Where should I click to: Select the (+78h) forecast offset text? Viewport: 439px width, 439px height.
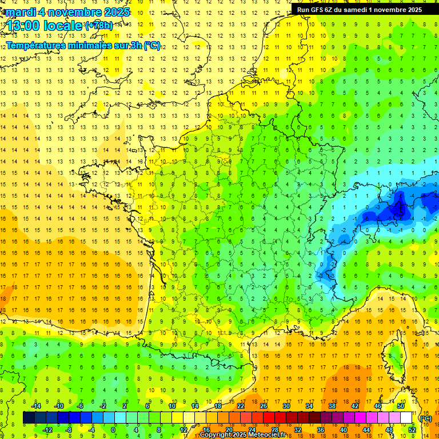(99, 25)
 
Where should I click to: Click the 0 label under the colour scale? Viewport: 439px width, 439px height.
(113, 429)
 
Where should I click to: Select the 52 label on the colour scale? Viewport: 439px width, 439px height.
(412, 429)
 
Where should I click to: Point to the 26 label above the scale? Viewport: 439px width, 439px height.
(264, 406)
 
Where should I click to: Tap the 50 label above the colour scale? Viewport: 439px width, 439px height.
(401, 406)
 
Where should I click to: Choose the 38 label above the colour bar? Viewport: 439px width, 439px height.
(332, 406)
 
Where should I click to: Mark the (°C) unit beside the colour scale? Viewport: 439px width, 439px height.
(426, 418)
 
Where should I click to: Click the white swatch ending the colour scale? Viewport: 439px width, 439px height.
(406, 418)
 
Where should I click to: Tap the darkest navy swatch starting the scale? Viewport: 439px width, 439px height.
(29, 418)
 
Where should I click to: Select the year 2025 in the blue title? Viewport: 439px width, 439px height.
(115, 12)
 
